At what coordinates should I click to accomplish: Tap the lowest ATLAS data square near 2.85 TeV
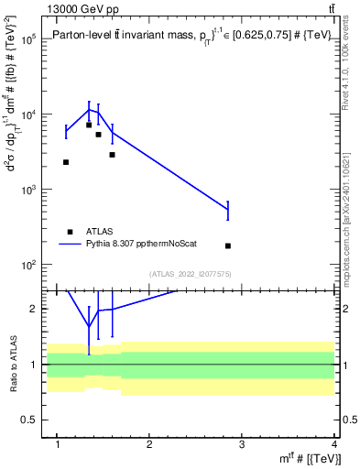click(228, 245)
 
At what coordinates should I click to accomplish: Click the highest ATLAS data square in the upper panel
click(89, 125)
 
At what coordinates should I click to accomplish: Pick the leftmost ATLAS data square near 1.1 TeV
click(66, 162)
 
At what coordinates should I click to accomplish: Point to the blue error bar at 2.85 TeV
click(228, 211)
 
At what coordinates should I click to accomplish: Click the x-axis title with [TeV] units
click(308, 459)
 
